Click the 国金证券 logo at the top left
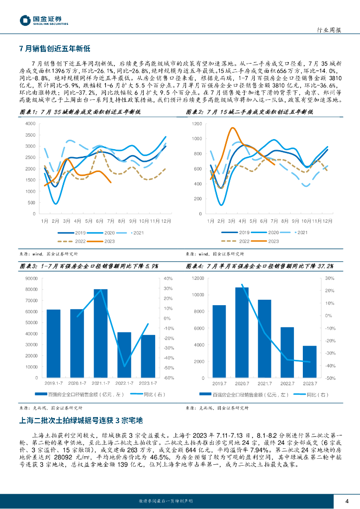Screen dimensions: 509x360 point(44,20)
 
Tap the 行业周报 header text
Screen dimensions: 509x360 point(329,30)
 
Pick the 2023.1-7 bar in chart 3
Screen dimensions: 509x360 point(148,356)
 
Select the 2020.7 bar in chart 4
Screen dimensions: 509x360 point(242,332)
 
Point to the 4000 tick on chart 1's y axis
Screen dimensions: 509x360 point(30,124)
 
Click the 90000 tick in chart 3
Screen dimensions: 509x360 point(31,279)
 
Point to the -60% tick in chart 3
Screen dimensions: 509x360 point(168,378)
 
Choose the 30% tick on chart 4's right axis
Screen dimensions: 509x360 point(329,279)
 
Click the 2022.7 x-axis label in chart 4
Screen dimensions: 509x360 point(287,383)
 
